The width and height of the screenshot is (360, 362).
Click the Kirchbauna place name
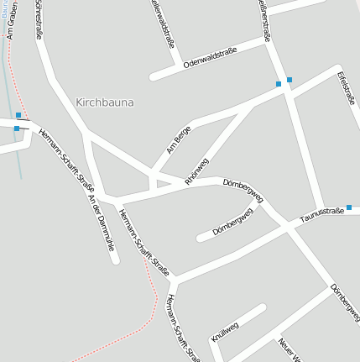(105, 102)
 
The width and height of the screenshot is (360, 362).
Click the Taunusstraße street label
(322, 217)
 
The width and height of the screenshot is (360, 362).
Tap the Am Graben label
(11, 23)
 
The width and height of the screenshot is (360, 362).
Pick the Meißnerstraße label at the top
(263, 18)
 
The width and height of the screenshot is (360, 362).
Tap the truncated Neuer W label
(289, 349)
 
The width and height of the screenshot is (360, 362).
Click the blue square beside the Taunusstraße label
(349, 207)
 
